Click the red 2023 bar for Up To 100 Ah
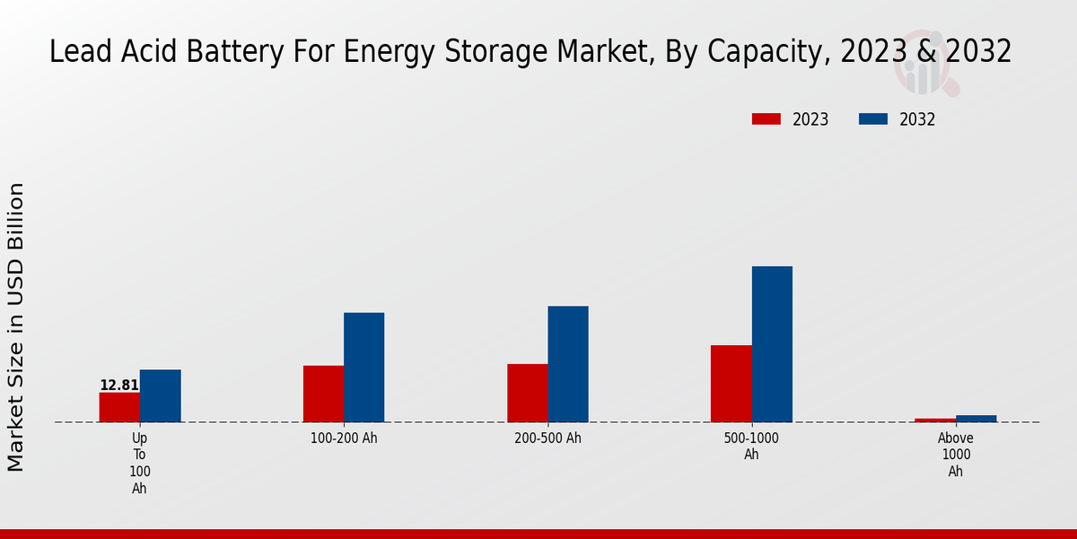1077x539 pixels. pyautogui.click(x=119, y=407)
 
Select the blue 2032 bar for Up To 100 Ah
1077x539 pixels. pyautogui.click(x=160, y=396)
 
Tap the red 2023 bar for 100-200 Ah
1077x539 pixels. pyautogui.click(x=323, y=393)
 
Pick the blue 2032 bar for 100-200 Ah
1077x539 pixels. pyautogui.click(x=363, y=367)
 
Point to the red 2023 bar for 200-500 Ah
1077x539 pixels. pyautogui.click(x=527, y=393)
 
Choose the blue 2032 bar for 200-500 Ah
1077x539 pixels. pyautogui.click(x=568, y=364)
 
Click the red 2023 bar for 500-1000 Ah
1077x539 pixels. pyautogui.click(x=731, y=384)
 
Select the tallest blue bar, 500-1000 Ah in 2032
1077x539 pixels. pyautogui.click(x=772, y=344)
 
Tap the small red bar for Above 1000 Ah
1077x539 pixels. pyautogui.click(x=935, y=420)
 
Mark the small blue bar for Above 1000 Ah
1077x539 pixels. pyautogui.click(x=976, y=419)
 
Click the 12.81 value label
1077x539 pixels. pyautogui.click(x=118, y=385)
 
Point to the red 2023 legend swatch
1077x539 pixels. pyautogui.click(x=766, y=119)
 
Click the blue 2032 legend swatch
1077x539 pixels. pyautogui.click(x=873, y=119)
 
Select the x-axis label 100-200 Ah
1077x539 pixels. pyautogui.click(x=344, y=438)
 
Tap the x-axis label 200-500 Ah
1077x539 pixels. pyautogui.click(x=547, y=438)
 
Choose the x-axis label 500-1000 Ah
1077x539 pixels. pyautogui.click(x=751, y=446)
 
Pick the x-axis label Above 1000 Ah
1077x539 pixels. pyautogui.click(x=956, y=455)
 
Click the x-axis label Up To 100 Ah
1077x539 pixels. pyautogui.click(x=140, y=464)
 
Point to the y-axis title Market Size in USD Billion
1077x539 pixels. pyautogui.click(x=16, y=327)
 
